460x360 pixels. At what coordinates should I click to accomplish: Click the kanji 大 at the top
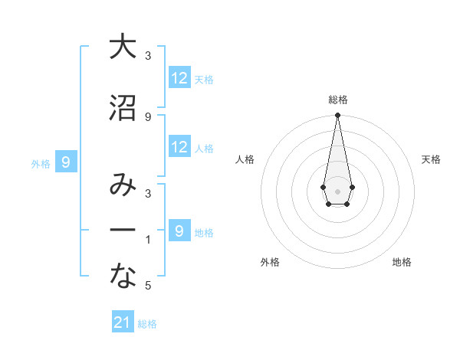pyautogui.click(x=123, y=47)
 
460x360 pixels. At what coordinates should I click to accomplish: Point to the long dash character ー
pyautogui.click(x=123, y=231)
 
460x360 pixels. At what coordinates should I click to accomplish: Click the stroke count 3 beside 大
pyautogui.click(x=148, y=56)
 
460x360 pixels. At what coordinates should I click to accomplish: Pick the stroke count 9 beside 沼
pyautogui.click(x=148, y=116)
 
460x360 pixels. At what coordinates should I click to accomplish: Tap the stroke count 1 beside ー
pyautogui.click(x=148, y=240)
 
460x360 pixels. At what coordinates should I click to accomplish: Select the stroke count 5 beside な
pyautogui.click(x=148, y=286)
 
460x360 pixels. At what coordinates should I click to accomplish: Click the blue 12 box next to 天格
pyautogui.click(x=179, y=78)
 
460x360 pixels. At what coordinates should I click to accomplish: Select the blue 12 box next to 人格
pyautogui.click(x=179, y=147)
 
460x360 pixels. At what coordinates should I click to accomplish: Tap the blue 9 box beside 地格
pyautogui.click(x=179, y=231)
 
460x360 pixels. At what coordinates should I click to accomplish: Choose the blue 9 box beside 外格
pyautogui.click(x=67, y=162)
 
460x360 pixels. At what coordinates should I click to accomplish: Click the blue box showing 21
pyautogui.click(x=123, y=322)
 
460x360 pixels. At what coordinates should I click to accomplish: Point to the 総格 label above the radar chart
pyautogui.click(x=337, y=100)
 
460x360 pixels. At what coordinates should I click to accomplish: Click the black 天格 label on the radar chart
pyautogui.click(x=432, y=159)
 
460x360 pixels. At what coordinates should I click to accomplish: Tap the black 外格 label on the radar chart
pyautogui.click(x=270, y=262)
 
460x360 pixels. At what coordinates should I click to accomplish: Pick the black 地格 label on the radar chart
pyautogui.click(x=402, y=262)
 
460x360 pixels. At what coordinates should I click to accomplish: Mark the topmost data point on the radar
pyautogui.click(x=337, y=116)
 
